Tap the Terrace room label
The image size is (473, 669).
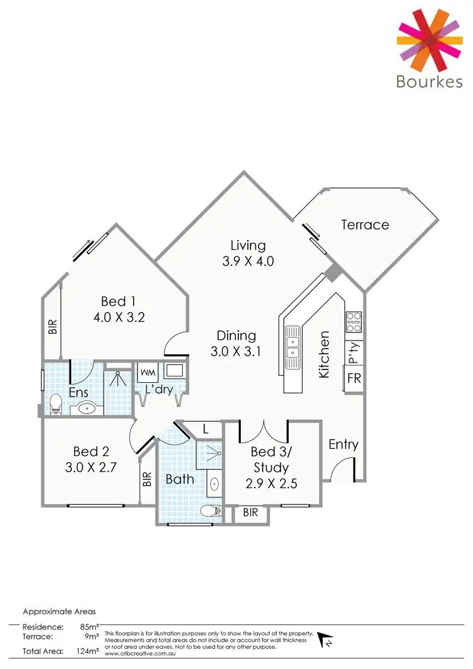pos(365,224)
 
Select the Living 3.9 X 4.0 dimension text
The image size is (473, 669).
pos(248,261)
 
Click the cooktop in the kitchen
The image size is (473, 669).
pos(354,322)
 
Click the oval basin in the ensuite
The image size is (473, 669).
pos(87,409)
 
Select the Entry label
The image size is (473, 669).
pos(343,445)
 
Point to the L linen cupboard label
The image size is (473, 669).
pos(206,429)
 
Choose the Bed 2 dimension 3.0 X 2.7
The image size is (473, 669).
pos(91,468)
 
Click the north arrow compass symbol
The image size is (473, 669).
pos(327,639)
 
